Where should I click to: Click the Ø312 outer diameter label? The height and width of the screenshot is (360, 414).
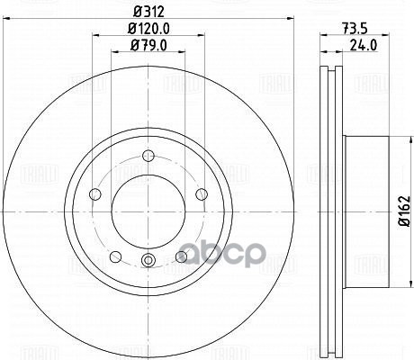coord(147,13)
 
